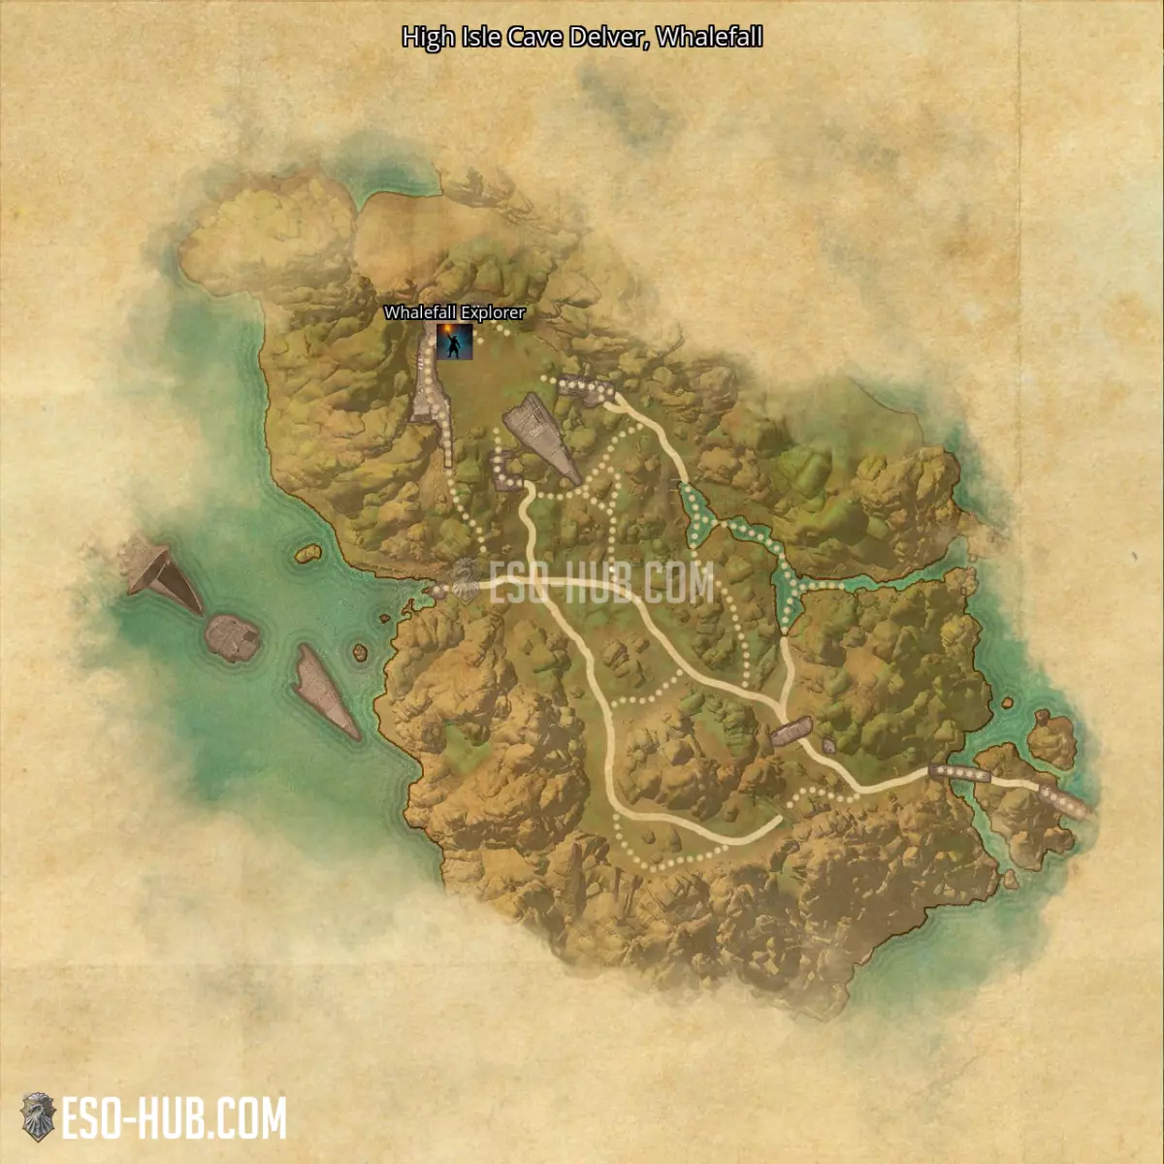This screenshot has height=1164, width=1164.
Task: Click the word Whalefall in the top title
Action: coord(709,37)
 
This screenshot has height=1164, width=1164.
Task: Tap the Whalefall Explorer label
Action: coord(454,312)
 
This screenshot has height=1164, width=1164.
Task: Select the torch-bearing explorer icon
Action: coord(454,340)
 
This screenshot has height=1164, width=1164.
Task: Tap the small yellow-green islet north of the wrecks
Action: coord(307,553)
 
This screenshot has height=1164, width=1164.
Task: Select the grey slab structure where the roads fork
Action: coord(791,730)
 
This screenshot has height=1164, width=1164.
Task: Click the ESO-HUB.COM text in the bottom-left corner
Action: coord(175,1118)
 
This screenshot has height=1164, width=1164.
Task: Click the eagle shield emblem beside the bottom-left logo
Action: coord(38,1117)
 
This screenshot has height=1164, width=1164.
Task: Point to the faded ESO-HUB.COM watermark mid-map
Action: coord(601,583)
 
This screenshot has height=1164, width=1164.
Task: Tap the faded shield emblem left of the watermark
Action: coord(465,581)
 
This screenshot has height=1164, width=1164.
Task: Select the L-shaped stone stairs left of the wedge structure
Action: coord(503,469)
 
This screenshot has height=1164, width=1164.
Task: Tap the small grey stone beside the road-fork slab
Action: coord(828,746)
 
